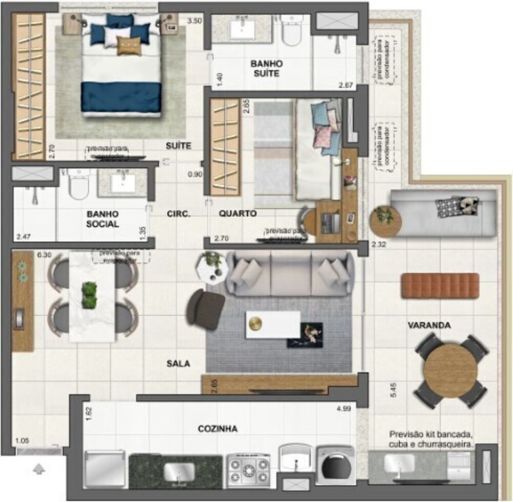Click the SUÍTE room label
[178, 146]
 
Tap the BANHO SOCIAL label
[103, 219]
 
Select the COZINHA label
[218, 429]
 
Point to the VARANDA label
[429, 325]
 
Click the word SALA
[178, 364]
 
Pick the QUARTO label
[237, 214]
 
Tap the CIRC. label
[179, 214]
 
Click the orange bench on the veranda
[440, 285]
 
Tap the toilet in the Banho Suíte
[293, 31]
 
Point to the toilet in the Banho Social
[80, 184]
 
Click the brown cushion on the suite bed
[128, 46]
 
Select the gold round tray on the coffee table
[255, 324]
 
